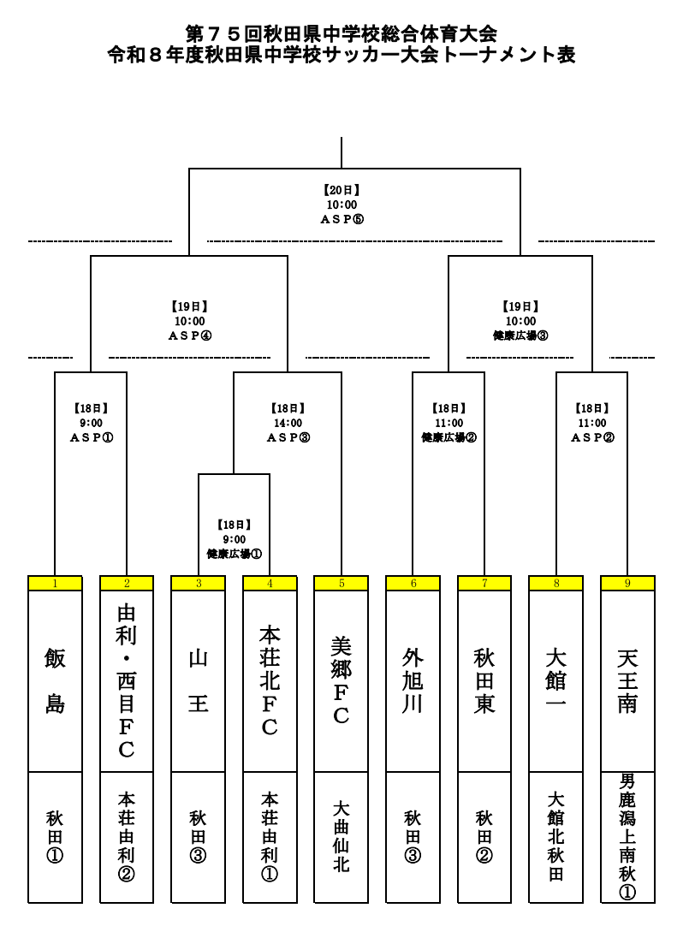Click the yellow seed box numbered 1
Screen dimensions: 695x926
[x=55, y=584]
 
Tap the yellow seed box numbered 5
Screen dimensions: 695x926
[x=342, y=584]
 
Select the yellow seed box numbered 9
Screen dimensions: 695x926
[x=627, y=584]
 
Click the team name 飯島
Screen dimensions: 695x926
[x=55, y=681]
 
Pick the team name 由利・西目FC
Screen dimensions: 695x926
[x=127, y=681]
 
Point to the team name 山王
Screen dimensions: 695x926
[x=199, y=681]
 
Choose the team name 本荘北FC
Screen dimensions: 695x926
[x=270, y=681]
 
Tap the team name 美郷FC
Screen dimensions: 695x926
[x=342, y=681]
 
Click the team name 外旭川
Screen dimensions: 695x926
[x=413, y=681]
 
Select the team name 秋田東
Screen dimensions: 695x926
[x=484, y=681]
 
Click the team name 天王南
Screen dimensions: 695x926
[x=627, y=681]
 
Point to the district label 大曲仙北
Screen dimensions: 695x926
[x=342, y=836]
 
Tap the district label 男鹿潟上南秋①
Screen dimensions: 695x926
[x=627, y=836]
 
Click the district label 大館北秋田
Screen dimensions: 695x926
[x=556, y=836]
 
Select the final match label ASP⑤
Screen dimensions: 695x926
[x=342, y=219]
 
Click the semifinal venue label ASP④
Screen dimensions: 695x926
[x=189, y=335]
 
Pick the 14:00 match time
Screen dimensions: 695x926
[x=288, y=423]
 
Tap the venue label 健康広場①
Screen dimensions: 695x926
[x=235, y=554]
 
